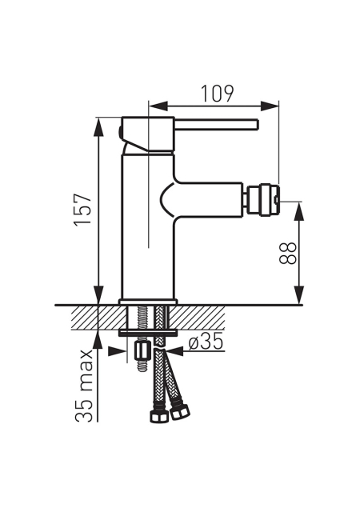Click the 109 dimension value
click(x=217, y=94)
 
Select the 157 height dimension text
click(x=82, y=210)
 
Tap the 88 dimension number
click(x=288, y=254)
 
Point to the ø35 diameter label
click(x=206, y=342)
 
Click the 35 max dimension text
click(x=83, y=386)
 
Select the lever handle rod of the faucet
click(x=216, y=125)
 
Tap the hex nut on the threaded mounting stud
click(x=142, y=350)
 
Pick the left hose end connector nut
click(x=159, y=416)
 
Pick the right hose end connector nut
click(x=180, y=412)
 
